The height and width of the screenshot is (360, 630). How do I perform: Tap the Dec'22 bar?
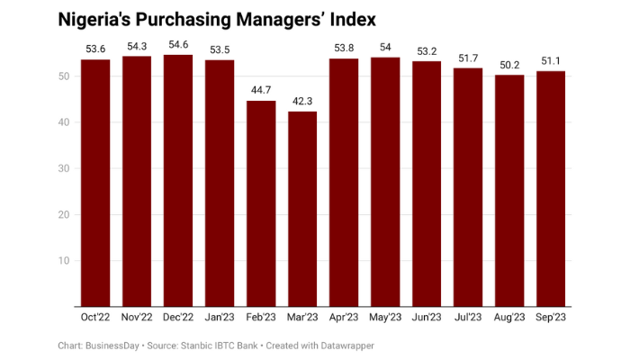point(178,180)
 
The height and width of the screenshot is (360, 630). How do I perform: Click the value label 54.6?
point(178,44)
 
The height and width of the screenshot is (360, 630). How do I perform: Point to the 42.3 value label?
point(302,101)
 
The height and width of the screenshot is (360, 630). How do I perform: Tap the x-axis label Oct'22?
point(95,317)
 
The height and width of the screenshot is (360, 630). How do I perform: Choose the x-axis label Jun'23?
point(427,317)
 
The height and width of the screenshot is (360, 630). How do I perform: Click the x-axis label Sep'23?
point(551,317)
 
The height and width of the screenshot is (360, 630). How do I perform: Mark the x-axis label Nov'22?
point(137,317)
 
